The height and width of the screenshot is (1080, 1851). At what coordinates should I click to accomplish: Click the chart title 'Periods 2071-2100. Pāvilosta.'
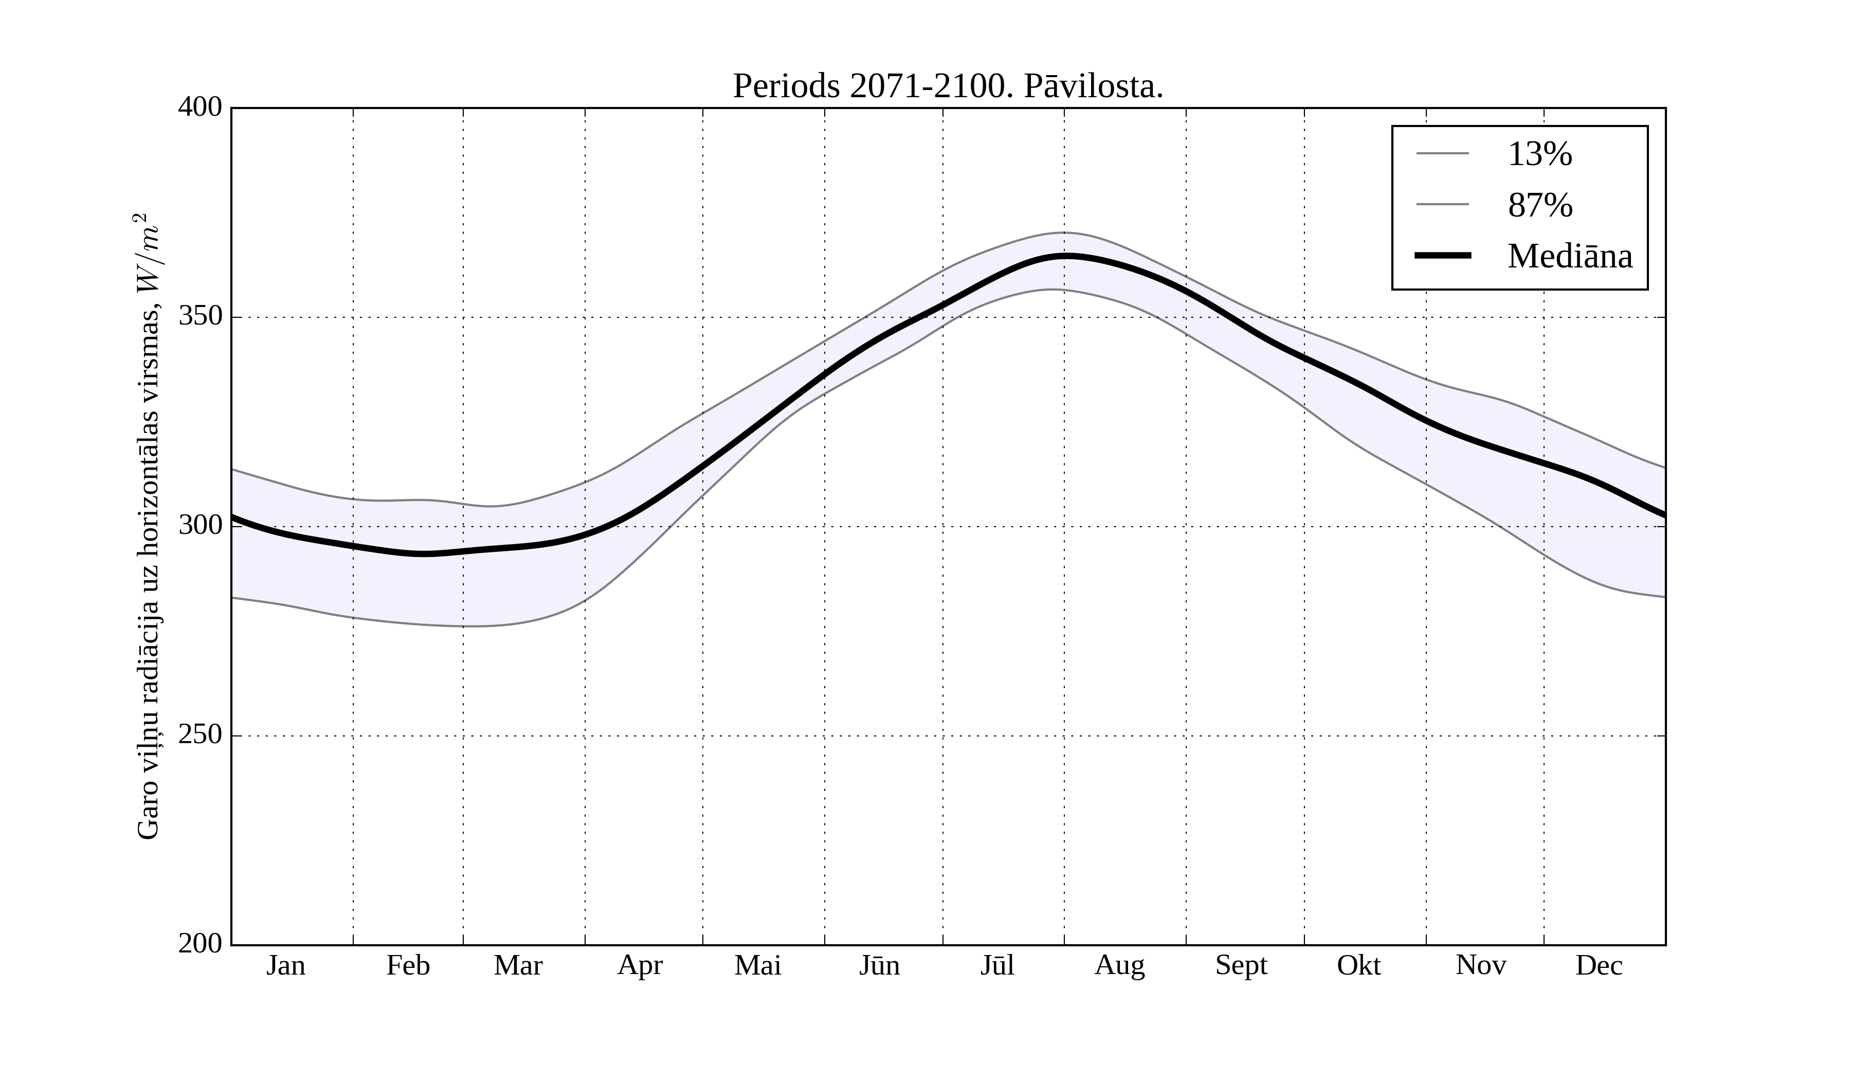948,87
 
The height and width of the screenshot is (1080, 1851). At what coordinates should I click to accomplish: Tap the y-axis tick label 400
200,107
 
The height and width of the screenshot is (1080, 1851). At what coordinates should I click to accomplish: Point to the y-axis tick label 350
200,317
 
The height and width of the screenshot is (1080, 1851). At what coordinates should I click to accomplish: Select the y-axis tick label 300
200,526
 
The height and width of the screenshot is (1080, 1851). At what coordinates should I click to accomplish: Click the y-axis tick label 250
200,735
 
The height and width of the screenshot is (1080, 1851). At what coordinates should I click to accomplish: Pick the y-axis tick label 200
200,944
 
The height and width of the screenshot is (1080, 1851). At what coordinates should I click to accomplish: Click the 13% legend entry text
1539,154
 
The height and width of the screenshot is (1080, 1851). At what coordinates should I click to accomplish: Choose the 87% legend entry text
1539,205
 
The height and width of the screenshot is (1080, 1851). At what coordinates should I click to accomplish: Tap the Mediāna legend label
1570,257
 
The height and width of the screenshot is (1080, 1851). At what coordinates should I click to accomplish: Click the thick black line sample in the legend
1443,256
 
